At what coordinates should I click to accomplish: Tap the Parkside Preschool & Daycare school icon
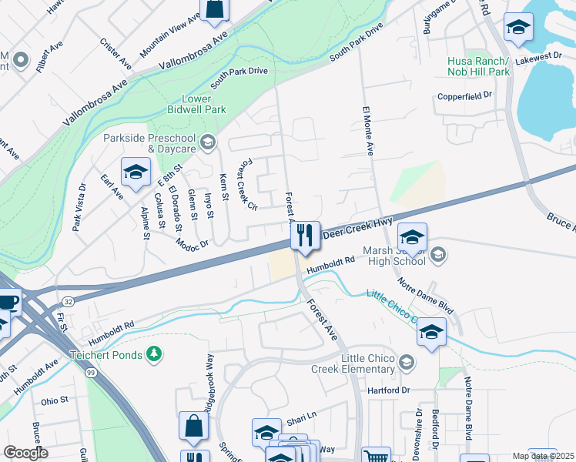pyautogui.click(x=207, y=142)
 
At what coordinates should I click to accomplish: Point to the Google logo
pyautogui.click(x=25, y=452)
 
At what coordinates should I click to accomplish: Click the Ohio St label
pyautogui.click(x=55, y=400)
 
